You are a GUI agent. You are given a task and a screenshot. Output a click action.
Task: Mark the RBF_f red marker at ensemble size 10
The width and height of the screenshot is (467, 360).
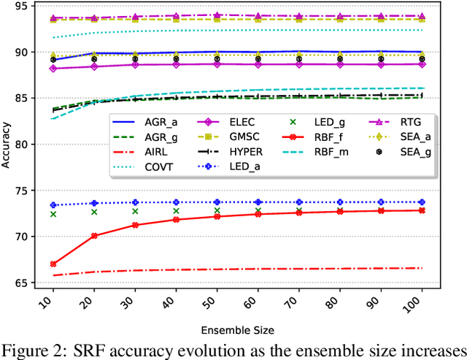[x=53, y=264]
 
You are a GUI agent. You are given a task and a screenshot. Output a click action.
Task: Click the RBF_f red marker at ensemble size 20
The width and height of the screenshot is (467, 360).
[x=94, y=235]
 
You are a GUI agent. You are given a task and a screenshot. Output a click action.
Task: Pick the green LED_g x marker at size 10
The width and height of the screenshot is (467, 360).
[x=53, y=214]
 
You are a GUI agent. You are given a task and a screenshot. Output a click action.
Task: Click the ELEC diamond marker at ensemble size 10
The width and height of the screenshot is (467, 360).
[x=53, y=69]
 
